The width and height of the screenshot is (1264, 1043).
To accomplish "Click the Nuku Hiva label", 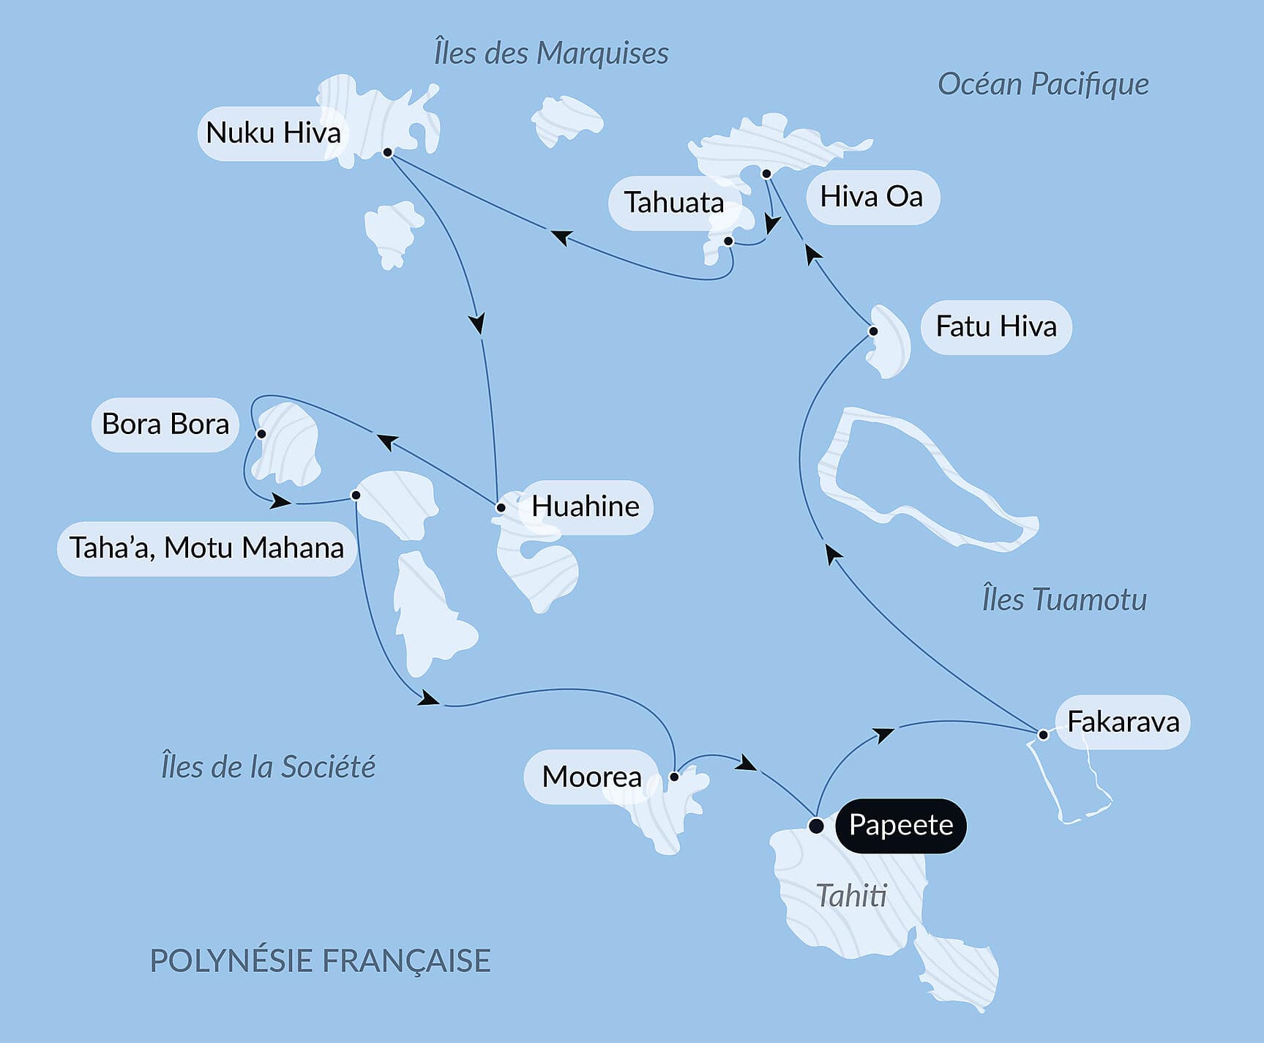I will [272, 133].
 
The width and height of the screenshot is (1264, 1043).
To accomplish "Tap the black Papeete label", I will [900, 826].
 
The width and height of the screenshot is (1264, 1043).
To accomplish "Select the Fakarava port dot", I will [1043, 734].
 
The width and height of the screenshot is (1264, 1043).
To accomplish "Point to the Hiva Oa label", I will [872, 197].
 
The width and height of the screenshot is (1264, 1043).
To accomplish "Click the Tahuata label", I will [673, 203].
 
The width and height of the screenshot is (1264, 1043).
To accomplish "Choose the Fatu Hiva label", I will [996, 326].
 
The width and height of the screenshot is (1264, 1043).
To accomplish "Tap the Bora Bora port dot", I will [261, 434].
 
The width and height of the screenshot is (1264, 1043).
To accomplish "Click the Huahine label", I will [585, 506].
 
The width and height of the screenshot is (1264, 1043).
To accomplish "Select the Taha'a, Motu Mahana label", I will [206, 548].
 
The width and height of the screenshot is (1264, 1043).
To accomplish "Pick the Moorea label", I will [591, 777].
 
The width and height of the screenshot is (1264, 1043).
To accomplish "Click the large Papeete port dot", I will [816, 826].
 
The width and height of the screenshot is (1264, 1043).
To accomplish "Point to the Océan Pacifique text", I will [1043, 84].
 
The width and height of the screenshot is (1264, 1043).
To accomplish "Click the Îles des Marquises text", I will [551, 53].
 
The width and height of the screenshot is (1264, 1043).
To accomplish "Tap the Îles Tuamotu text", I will [1064, 599].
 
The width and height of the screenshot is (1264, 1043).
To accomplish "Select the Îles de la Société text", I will [268, 767].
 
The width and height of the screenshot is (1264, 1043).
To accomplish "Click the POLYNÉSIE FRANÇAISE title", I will [320, 961].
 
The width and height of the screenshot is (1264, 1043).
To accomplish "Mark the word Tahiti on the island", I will [851, 896].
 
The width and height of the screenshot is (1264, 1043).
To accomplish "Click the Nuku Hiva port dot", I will [388, 152].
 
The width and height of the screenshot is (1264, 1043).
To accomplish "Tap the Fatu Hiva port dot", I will [873, 332].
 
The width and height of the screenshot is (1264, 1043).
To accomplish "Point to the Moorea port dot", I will [674, 777].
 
